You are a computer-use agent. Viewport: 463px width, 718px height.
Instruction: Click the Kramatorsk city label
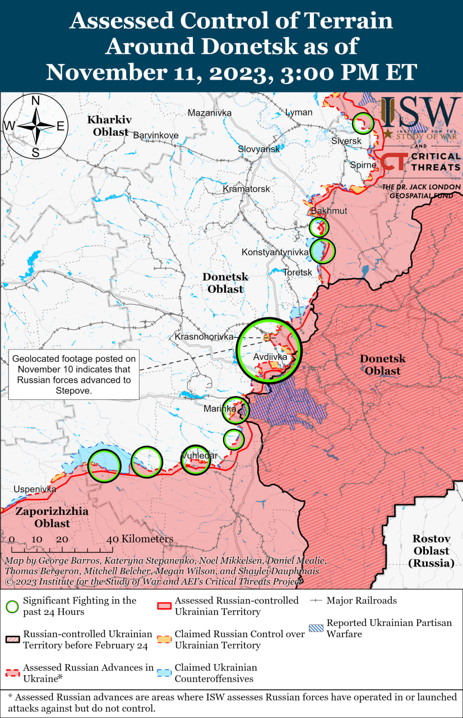coord(246,189)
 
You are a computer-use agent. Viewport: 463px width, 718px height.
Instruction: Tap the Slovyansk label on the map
coord(258,149)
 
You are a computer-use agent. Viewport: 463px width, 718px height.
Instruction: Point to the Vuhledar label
coord(199,455)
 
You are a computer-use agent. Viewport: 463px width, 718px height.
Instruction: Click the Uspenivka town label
coord(35,489)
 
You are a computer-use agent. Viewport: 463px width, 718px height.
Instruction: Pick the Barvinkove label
coord(155,135)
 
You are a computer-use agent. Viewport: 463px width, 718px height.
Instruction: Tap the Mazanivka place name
coord(209,113)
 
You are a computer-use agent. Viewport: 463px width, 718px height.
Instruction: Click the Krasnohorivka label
coord(203,337)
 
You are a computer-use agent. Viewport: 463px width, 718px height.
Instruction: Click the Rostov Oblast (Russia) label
coord(432,550)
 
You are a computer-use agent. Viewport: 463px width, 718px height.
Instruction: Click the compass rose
coord(35,126)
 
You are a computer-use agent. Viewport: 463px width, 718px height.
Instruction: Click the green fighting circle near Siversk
coord(363,123)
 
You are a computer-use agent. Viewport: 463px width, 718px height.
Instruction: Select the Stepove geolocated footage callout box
coord(75,375)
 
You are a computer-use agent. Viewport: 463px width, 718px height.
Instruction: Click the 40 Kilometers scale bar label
coord(140,539)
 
